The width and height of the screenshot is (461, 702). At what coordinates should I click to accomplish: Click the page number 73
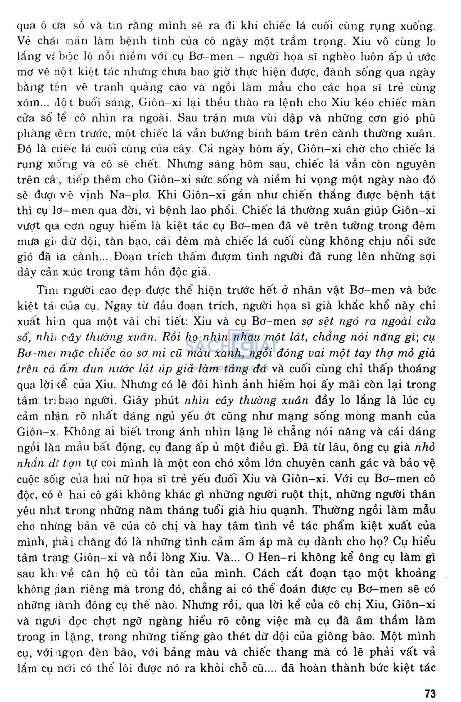(430, 693)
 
